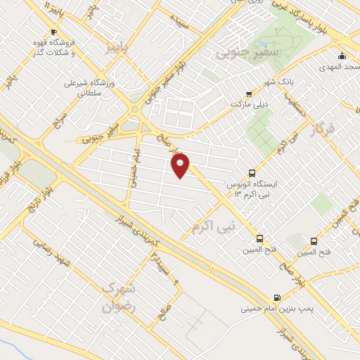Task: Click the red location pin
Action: coord(181,166)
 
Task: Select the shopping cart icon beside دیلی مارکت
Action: coord(249,94)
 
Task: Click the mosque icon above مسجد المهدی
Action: coord(342,56)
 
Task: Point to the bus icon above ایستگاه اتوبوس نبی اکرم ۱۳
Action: coord(252,173)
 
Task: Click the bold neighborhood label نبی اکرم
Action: coord(213,225)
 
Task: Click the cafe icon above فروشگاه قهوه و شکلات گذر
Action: coord(53,32)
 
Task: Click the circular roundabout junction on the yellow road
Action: coord(134,108)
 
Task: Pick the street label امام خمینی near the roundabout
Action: coord(133,165)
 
